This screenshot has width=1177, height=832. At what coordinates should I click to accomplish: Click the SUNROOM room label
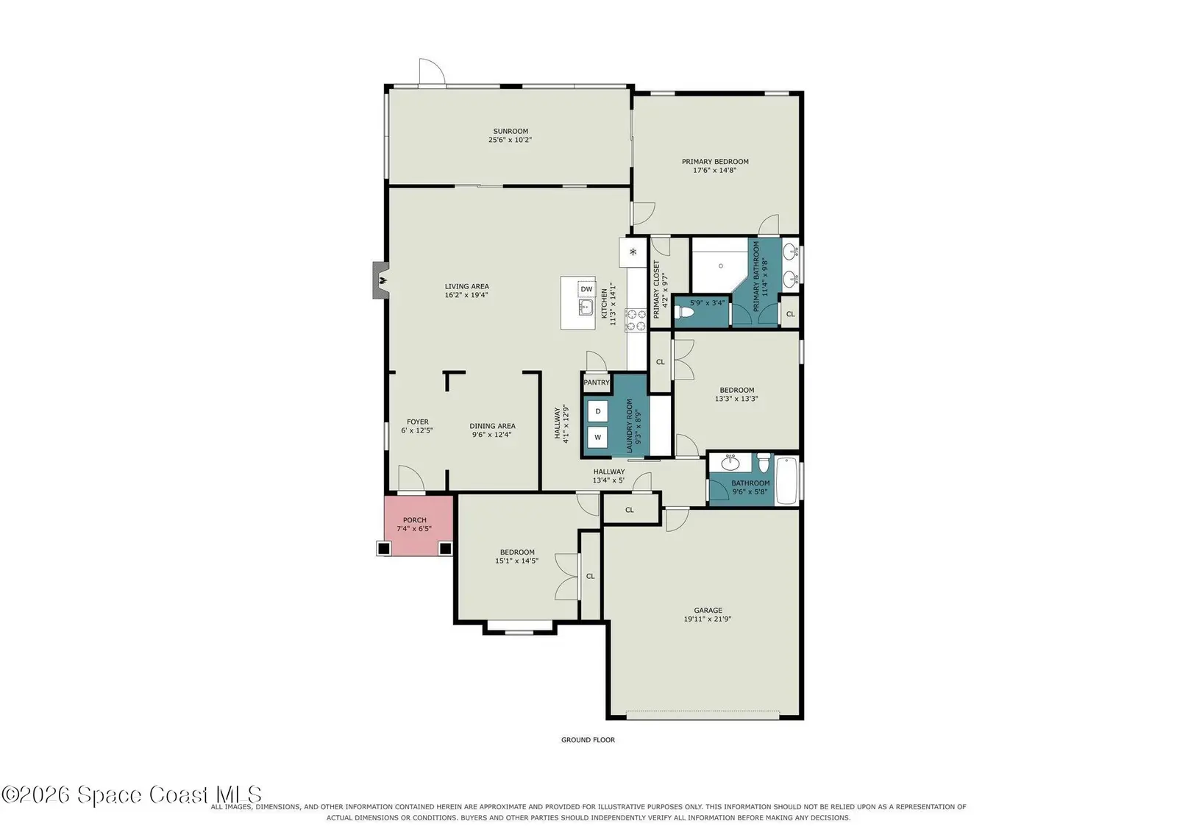(511, 132)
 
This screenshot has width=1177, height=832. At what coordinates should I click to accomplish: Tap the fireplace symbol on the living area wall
(382, 280)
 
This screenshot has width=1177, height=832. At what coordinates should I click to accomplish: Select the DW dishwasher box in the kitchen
(586, 289)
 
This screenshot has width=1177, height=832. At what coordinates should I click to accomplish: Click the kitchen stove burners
(636, 321)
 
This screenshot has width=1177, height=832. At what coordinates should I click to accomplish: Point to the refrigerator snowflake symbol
(633, 252)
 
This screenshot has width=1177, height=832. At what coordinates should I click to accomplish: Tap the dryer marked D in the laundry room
(597, 411)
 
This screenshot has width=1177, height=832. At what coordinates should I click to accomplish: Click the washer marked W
(597, 437)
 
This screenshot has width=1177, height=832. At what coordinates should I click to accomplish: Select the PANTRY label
(597, 383)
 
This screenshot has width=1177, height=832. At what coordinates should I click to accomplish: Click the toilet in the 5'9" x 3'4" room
(684, 313)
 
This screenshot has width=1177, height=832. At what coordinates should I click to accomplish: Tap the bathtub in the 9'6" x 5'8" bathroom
(786, 480)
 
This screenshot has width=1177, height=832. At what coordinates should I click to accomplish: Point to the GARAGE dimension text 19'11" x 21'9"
(707, 619)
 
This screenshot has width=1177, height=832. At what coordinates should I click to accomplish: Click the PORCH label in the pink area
(415, 520)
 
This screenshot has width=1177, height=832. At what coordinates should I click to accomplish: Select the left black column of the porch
(383, 549)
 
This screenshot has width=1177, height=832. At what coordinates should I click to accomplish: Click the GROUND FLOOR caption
(588, 740)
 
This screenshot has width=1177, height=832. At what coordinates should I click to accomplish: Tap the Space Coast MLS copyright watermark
(132, 794)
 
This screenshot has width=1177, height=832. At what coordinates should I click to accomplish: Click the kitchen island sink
(586, 307)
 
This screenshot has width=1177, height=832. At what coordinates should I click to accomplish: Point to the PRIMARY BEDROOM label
(715, 162)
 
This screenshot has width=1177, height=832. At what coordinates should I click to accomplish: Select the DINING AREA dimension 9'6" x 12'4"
(492, 435)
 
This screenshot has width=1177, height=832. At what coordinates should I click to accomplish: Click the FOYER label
(418, 422)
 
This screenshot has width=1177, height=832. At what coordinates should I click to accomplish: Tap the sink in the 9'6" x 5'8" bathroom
(730, 463)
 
